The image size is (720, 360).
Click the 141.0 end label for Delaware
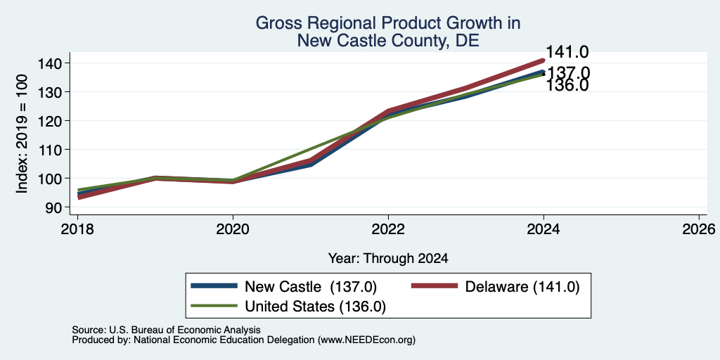567,52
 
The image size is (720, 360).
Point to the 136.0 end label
567,85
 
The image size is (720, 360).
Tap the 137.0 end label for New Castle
569,73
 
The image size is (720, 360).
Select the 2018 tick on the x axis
77,229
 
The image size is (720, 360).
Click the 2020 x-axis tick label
233,229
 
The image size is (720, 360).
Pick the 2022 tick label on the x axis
388,229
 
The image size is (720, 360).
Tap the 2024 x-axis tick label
544,229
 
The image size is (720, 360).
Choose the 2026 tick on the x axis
699,229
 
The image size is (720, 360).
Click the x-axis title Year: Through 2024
388,259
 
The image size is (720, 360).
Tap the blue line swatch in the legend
214,286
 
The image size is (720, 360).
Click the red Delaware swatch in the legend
435,286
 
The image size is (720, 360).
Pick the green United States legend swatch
214,307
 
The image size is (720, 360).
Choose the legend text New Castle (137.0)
311,287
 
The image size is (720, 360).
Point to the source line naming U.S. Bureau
166,330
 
